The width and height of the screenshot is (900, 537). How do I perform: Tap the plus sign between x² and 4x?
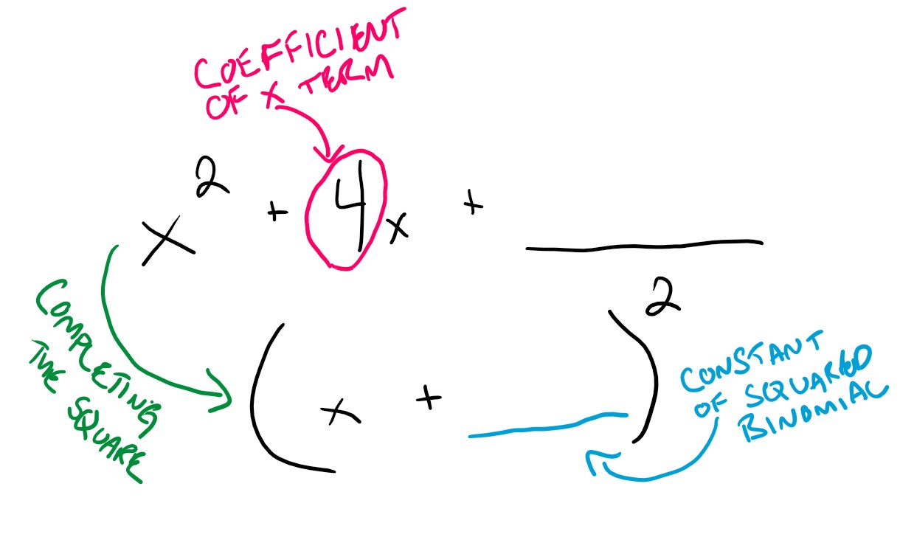coord(277,213)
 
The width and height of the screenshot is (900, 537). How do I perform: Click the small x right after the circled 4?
coord(398,229)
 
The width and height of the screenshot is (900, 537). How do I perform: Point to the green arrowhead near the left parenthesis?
coord(220,398)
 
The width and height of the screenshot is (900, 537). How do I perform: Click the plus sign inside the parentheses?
coord(427,399)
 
